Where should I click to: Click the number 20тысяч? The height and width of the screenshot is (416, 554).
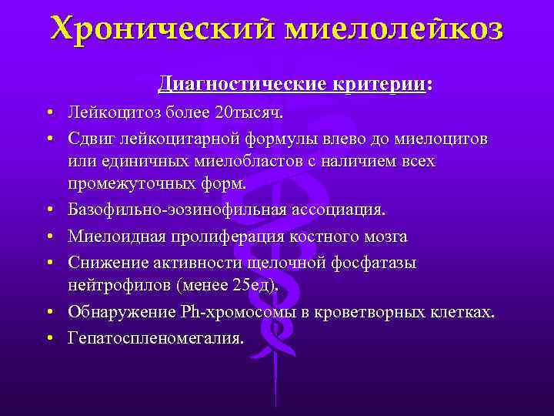click(x=249, y=114)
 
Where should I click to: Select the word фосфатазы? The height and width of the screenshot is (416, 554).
click(x=372, y=263)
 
